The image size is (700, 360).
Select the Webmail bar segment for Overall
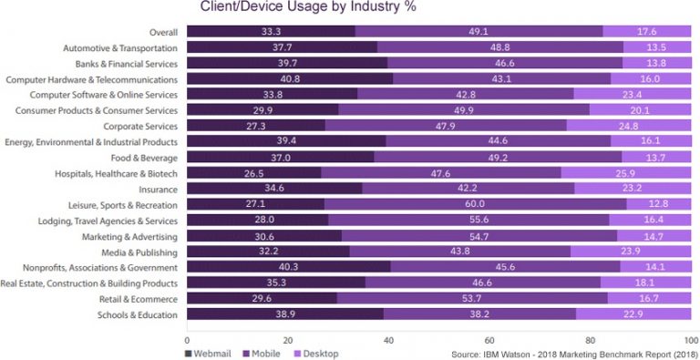271,32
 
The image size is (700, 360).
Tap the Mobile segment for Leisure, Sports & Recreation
475,204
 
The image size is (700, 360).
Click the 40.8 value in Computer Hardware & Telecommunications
289,79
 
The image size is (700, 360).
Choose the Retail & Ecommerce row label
135,299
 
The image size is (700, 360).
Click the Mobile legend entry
265,351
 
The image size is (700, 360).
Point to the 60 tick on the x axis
490,336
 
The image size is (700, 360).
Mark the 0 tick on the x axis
187,336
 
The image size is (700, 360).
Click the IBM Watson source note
573,351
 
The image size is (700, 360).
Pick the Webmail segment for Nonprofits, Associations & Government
288,267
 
